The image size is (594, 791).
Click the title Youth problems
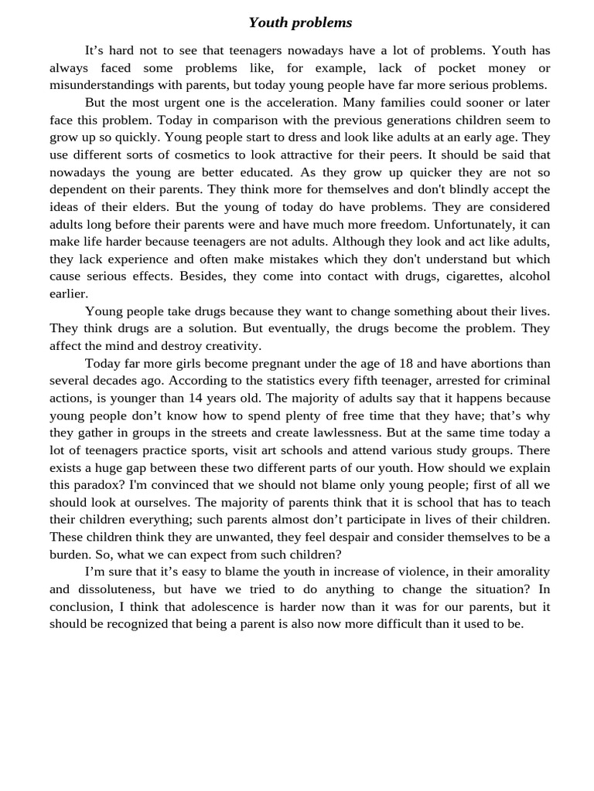coord(300,22)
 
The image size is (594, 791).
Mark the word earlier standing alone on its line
coord(69,294)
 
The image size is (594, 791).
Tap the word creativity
coord(227,345)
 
